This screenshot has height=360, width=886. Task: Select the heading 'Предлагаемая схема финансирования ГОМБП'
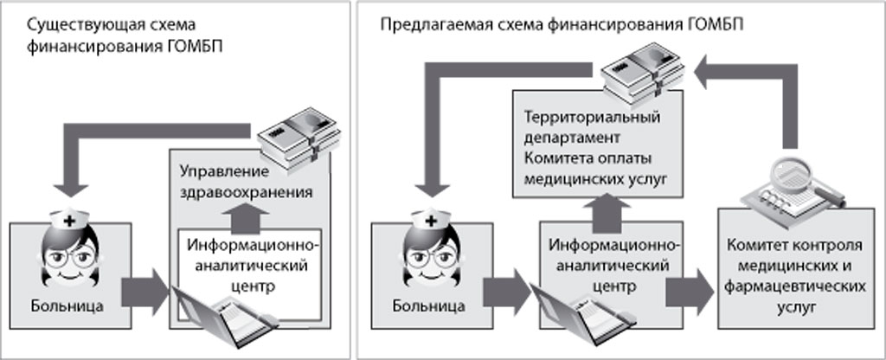point(562,25)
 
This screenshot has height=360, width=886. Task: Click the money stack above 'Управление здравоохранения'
point(294,142)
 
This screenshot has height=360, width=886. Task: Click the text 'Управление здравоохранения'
point(247,181)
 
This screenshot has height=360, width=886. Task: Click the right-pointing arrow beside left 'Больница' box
point(144,291)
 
